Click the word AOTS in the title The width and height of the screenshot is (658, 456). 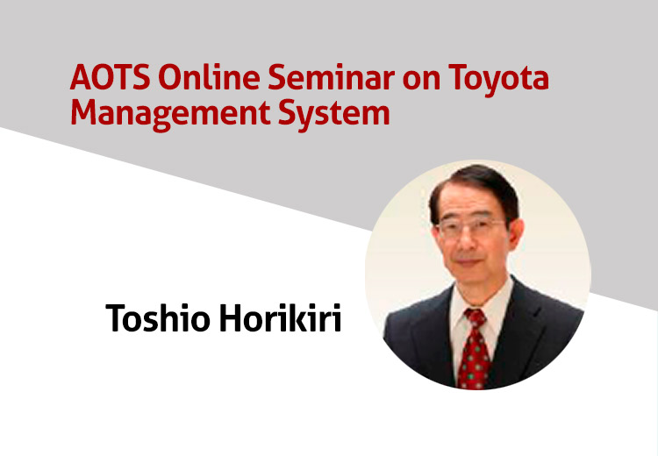pyautogui.click(x=111, y=77)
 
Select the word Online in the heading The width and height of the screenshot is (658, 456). pyautogui.click(x=209, y=77)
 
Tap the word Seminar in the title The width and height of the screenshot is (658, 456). pyautogui.click(x=331, y=77)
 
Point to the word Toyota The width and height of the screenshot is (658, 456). pyautogui.click(x=498, y=80)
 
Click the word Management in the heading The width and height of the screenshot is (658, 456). pyautogui.click(x=171, y=114)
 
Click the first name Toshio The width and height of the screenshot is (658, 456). pyautogui.click(x=158, y=317)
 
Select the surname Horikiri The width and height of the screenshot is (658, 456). pyautogui.click(x=281, y=317)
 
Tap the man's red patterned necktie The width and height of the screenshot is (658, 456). pyautogui.click(x=474, y=349)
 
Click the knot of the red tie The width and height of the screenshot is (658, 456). pyautogui.click(x=475, y=317)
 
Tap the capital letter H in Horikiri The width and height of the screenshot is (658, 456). pyautogui.click(x=232, y=317)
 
